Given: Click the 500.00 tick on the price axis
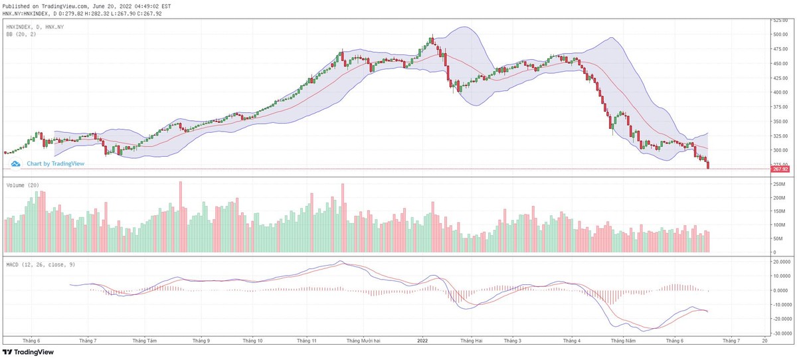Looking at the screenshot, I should [x=780, y=35].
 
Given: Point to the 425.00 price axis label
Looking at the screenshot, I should [x=780, y=78].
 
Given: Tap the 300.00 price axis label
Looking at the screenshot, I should [x=780, y=151].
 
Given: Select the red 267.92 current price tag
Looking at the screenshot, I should [x=780, y=169].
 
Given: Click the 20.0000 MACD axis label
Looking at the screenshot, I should [x=780, y=262].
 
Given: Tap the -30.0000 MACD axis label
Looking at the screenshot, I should [x=780, y=333].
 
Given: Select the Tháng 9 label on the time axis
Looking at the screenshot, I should [x=201, y=340].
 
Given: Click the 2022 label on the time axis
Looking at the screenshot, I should [x=422, y=340].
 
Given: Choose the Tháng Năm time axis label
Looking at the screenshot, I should [x=624, y=340].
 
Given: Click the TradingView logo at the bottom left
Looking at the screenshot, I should [x=29, y=352].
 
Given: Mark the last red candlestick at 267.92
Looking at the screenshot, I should [x=708, y=165].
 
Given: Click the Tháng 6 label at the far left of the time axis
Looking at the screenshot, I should [x=31, y=340].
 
